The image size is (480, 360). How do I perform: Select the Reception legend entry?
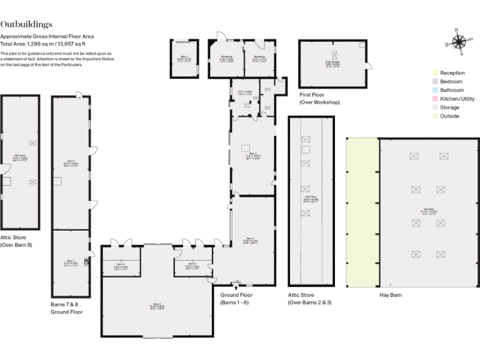(x=452, y=73)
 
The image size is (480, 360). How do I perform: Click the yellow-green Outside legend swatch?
(x=434, y=116)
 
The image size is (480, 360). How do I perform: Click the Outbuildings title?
(x=26, y=24)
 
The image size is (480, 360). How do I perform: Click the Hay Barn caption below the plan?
(x=390, y=295)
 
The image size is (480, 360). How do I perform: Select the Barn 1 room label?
(x=183, y=59)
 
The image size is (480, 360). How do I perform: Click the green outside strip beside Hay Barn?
(x=362, y=212)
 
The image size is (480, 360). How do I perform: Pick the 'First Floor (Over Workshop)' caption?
(x=319, y=98)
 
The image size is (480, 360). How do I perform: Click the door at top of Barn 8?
(x=78, y=94)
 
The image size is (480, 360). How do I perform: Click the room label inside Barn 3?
(x=250, y=240)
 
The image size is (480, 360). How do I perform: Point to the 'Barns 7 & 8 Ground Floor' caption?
(x=66, y=307)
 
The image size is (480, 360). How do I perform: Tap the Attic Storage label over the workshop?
(x=332, y=64)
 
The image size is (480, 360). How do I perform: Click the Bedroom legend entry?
(x=451, y=82)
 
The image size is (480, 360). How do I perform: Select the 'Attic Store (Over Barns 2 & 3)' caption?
(x=310, y=298)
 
